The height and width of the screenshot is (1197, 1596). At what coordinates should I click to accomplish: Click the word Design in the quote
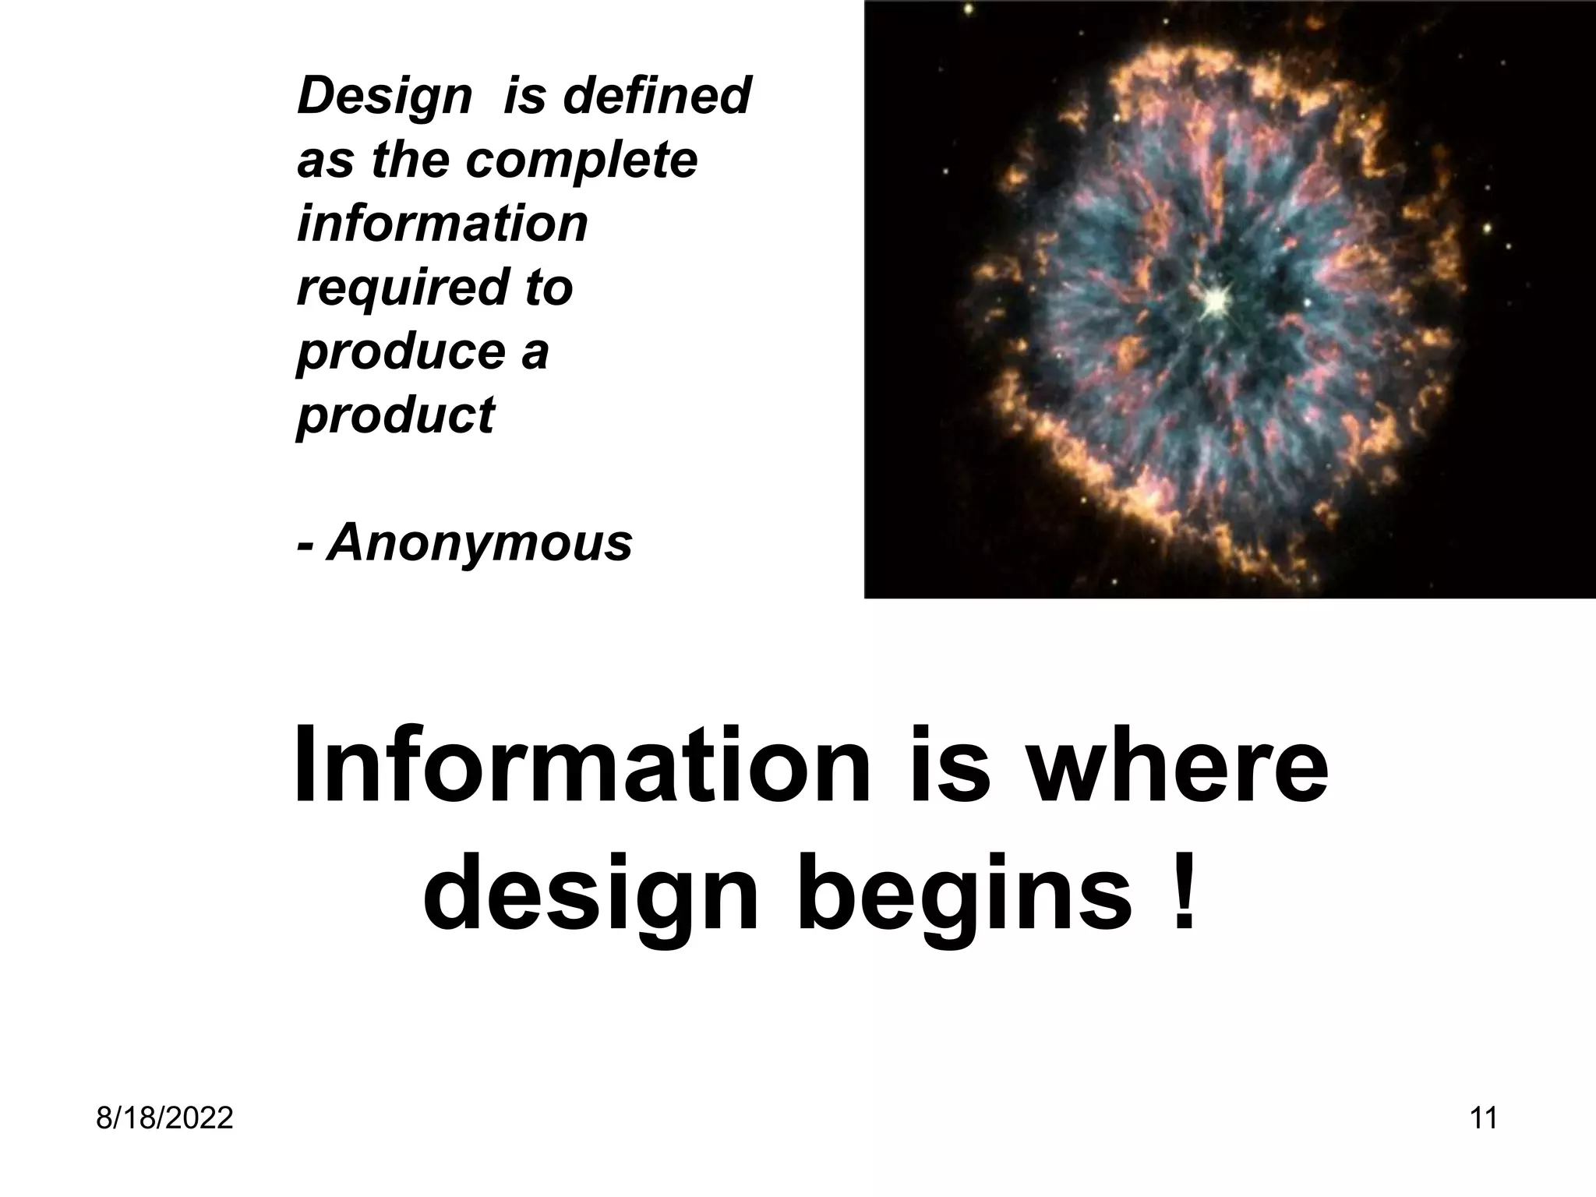click(384, 97)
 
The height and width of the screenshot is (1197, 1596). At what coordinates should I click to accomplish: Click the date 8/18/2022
click(164, 1118)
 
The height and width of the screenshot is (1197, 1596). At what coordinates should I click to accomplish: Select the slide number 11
click(1483, 1118)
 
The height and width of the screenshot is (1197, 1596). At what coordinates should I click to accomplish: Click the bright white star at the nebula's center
click(1213, 300)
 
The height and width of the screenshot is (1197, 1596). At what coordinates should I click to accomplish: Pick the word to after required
click(549, 287)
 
